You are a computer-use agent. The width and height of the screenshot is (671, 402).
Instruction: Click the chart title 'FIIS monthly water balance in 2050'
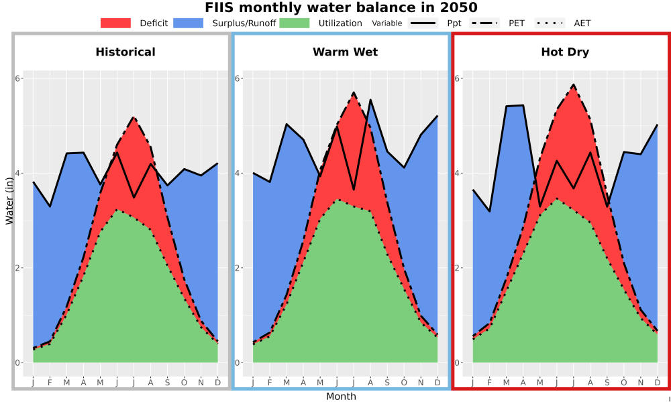(341, 7)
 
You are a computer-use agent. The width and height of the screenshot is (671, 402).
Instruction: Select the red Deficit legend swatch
(115, 23)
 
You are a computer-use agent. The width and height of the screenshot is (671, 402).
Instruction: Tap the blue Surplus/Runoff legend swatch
(189, 23)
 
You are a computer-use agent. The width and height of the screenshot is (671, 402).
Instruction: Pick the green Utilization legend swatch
(295, 23)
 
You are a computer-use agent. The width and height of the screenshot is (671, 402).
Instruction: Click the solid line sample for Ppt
(422, 23)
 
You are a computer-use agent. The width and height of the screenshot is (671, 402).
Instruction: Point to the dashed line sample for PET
(484, 23)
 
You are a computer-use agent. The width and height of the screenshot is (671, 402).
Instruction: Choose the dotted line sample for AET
(550, 23)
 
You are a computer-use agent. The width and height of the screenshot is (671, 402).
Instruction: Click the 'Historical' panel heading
(125, 52)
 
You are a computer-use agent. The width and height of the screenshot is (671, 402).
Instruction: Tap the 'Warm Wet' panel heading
(346, 52)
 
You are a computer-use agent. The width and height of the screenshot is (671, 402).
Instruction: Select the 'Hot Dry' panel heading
(565, 52)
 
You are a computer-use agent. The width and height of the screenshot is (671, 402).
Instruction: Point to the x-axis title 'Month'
(341, 397)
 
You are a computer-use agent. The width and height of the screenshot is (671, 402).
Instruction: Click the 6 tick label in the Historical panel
(17, 78)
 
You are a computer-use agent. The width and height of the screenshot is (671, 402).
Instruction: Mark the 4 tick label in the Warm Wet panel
(237, 173)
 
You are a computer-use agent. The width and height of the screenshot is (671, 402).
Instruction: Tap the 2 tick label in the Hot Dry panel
(456, 268)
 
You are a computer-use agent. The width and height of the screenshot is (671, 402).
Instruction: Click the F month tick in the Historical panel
(50, 383)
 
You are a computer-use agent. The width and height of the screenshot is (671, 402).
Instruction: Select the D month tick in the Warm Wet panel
(437, 383)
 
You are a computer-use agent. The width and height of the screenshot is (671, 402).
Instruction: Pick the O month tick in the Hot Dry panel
(623, 383)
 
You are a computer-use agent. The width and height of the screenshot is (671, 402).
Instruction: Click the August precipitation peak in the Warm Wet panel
(370, 100)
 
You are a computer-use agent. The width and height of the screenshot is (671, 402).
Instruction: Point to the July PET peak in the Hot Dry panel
(573, 84)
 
